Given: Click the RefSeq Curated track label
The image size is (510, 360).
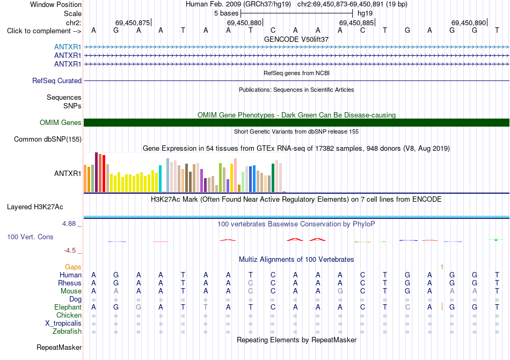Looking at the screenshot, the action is [57, 80].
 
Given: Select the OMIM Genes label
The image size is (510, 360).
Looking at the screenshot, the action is [61, 122].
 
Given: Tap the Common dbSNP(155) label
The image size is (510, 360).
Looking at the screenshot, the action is [48, 139].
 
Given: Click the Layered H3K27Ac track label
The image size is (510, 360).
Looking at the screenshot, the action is [35, 207].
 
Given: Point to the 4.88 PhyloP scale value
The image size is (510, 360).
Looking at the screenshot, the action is [69, 224].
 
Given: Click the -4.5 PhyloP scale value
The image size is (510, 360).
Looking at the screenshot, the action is [70, 250].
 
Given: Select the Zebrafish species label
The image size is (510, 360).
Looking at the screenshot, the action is [67, 332].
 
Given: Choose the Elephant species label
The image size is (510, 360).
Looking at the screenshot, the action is [68, 307].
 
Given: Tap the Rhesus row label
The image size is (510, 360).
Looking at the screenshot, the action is [70, 283].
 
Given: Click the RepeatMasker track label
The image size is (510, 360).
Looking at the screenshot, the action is [59, 347].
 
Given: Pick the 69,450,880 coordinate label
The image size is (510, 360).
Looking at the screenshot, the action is [244, 23].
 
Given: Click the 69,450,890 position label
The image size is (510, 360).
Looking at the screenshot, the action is [469, 23].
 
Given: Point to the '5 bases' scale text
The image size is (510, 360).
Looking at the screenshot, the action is [227, 13].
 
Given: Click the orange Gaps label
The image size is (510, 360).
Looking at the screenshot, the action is [73, 267].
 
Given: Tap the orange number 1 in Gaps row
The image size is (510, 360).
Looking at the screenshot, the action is [442, 267].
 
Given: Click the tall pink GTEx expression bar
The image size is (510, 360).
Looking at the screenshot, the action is [236, 175].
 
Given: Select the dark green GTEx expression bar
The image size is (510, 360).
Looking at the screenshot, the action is [273, 178].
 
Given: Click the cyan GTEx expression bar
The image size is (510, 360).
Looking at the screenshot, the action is [160, 179].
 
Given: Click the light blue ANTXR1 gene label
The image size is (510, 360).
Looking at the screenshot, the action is [68, 47].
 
